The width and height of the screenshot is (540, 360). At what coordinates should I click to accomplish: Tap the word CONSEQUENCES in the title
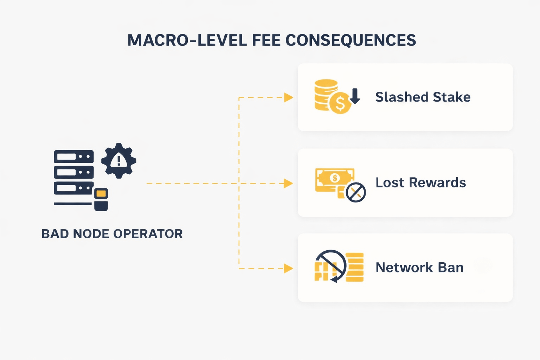coord(351,40)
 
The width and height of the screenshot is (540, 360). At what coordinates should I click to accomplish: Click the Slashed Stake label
coord(423,97)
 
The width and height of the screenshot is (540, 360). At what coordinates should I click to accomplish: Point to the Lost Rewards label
coord(420,183)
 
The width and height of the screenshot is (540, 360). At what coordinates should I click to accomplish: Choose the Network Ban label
coord(419,268)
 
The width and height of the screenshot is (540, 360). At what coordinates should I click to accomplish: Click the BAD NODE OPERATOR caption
coord(112,234)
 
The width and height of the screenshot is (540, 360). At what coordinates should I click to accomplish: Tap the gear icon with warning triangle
coord(118,161)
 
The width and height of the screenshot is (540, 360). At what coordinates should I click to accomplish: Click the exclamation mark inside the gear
coord(119,161)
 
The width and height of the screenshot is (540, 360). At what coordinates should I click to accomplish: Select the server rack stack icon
coord(74,172)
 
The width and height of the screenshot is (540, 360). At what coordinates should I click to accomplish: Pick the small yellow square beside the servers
coord(101,193)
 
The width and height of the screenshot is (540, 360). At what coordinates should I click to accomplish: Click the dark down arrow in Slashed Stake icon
coord(355,96)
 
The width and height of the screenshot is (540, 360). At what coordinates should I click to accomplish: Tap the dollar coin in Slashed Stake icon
coord(340,103)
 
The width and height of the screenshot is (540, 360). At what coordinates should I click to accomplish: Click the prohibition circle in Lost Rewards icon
coord(356,192)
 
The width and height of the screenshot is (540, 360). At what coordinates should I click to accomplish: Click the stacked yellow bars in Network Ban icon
coord(355,267)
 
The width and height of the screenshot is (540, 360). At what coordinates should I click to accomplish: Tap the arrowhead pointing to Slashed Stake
coord(289,97)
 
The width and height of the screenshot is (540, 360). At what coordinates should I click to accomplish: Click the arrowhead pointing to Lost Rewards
coord(289,183)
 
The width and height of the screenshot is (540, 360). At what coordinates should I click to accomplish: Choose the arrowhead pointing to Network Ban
coord(289,269)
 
